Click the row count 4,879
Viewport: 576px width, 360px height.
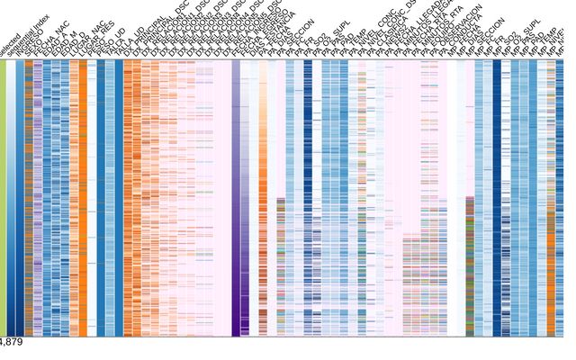[12, 343]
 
